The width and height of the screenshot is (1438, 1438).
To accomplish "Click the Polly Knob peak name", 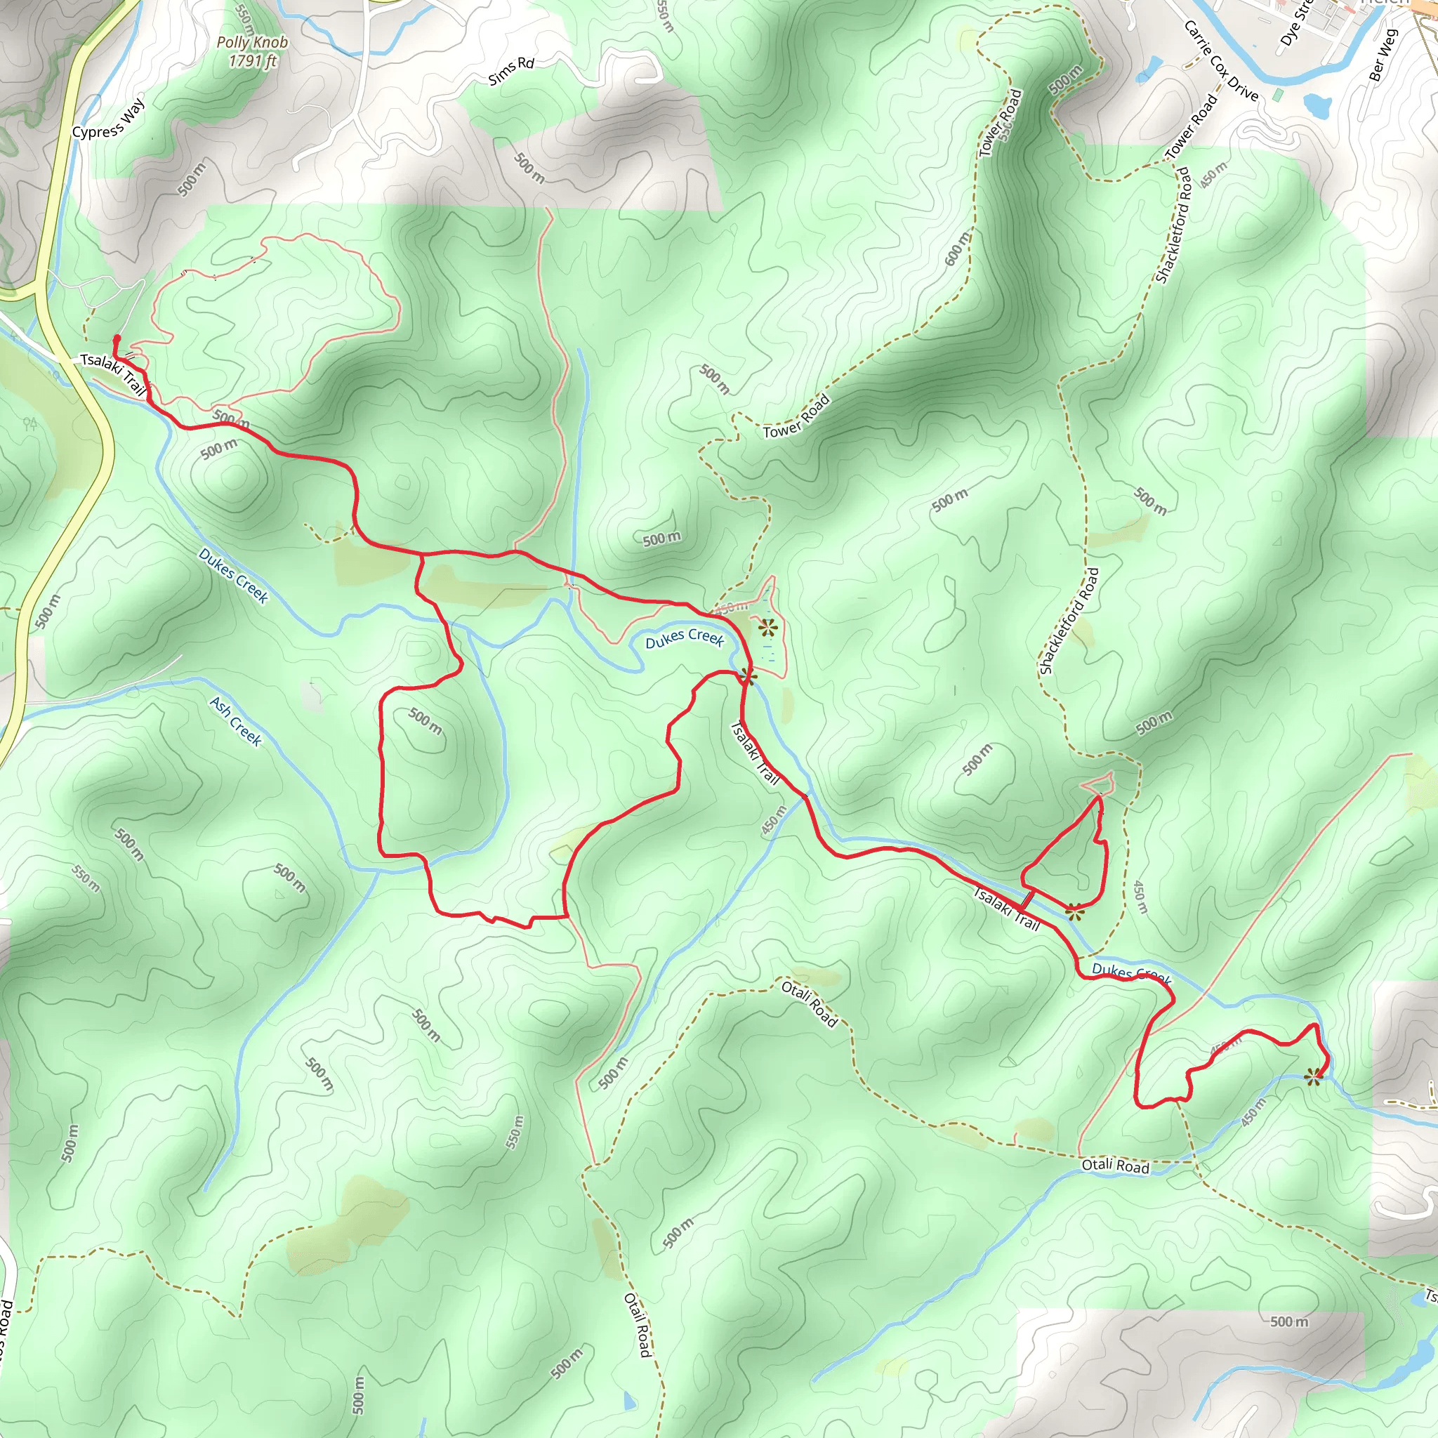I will click(x=251, y=42).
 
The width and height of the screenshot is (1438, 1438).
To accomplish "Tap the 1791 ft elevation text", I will click(x=251, y=60).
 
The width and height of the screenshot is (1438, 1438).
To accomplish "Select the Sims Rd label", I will click(x=511, y=71).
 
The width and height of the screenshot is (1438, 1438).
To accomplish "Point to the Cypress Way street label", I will click(x=109, y=119).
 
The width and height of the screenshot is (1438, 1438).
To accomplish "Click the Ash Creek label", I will click(x=235, y=720).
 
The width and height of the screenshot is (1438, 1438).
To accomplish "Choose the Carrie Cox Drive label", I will click(x=1220, y=60).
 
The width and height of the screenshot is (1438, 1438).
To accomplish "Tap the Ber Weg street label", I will click(x=1384, y=53).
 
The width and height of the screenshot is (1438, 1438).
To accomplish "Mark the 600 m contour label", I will click(x=958, y=248).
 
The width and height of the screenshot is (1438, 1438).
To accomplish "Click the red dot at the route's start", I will click(x=117, y=338).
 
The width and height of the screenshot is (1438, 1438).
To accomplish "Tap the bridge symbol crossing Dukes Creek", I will click(x=1027, y=899).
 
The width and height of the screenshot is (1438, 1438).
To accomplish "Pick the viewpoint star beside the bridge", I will click(x=1074, y=912).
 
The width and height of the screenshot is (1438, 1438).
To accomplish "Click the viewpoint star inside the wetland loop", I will click(x=767, y=628).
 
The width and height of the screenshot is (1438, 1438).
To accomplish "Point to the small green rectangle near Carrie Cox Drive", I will click(x=1279, y=95).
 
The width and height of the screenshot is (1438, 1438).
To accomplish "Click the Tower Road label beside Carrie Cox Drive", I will click(x=1192, y=126).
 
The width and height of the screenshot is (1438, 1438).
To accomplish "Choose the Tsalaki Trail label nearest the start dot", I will click(x=113, y=373).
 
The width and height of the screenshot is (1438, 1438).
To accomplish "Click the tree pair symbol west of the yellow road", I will click(x=29, y=424).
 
